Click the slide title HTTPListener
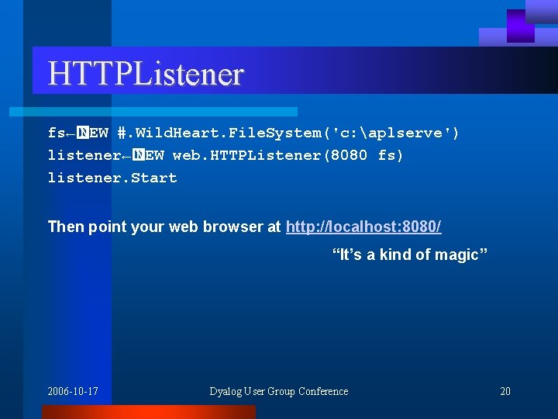point(146,74)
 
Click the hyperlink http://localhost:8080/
point(363,227)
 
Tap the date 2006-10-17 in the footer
point(73,391)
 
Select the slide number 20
point(505,391)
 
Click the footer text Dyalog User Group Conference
point(278,391)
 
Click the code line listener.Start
point(112,178)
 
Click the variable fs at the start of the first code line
point(56,133)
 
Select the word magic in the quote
point(462,255)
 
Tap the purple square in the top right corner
point(520,26)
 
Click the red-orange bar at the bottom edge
point(147,412)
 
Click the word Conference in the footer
point(323,391)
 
